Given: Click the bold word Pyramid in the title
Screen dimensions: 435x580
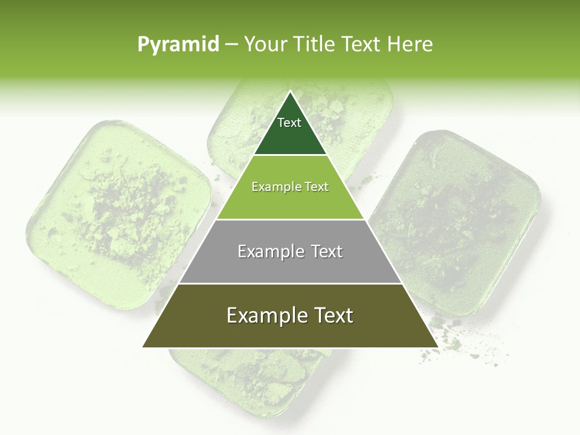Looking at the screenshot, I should click(178, 44).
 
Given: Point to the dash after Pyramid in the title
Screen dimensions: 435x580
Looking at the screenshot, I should click(231, 45).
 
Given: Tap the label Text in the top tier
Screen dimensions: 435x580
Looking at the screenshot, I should click(289, 123).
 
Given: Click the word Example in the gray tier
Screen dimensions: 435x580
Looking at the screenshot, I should click(269, 251).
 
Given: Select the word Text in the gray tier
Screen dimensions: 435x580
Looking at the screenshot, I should click(327, 251).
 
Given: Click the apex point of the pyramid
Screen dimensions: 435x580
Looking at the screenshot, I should click(290, 92).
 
